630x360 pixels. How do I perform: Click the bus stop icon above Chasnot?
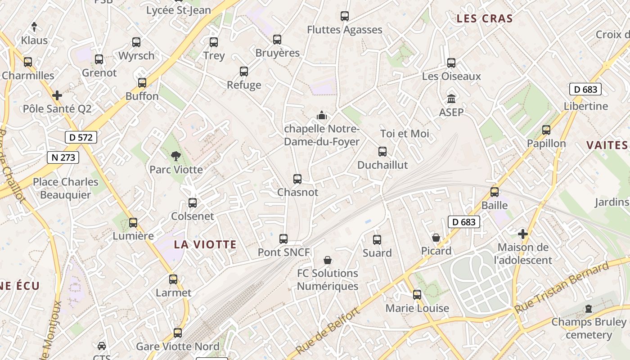[297, 179]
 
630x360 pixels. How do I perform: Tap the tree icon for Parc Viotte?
[175, 156]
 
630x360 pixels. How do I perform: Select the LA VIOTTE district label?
[205, 244]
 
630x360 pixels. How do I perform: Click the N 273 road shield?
[63, 157]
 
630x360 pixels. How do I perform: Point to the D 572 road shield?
[81, 137]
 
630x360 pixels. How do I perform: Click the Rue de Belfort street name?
[328, 331]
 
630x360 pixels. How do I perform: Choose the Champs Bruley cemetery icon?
[588, 309]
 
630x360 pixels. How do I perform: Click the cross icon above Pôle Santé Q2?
[57, 95]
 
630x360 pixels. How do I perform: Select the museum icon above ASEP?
[451, 99]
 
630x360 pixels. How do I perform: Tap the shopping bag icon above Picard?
[436, 237]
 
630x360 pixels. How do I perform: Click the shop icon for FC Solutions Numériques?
[328, 260]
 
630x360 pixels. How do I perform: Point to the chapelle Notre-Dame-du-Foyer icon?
[321, 115]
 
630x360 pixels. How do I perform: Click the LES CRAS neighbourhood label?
[484, 18]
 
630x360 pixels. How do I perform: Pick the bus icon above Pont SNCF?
[283, 239]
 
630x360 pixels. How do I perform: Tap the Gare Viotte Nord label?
[178, 346]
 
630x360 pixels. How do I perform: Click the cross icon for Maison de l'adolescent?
[522, 234]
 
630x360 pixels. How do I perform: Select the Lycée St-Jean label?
[179, 10]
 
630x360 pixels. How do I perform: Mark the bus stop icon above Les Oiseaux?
[451, 63]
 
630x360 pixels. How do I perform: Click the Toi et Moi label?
[405, 134]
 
